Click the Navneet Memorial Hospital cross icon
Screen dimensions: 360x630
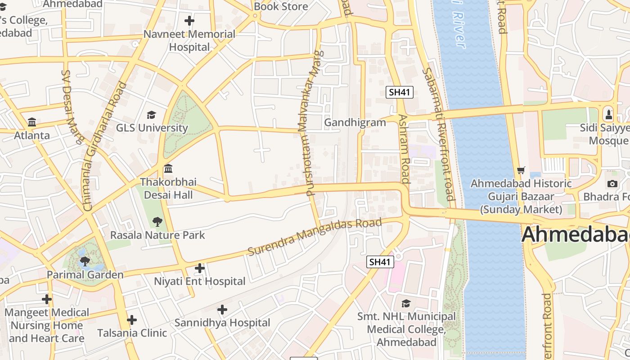(189, 21)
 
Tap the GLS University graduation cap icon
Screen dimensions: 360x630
(152, 115)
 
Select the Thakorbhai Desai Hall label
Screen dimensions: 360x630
(168, 189)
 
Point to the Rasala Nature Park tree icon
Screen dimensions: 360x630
(157, 221)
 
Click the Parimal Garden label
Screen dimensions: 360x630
(85, 275)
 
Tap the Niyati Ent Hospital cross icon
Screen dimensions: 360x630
(199, 269)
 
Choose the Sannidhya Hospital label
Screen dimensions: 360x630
(222, 323)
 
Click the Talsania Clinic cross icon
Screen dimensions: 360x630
(132, 320)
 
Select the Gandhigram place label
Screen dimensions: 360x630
(355, 122)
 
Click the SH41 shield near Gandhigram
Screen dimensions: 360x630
(400, 92)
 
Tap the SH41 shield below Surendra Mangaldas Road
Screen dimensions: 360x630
(380, 262)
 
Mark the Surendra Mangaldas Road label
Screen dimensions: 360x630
(315, 237)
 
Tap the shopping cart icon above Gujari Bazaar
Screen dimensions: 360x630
(521, 170)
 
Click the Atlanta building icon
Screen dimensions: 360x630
(32, 122)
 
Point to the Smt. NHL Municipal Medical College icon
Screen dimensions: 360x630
(406, 303)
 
